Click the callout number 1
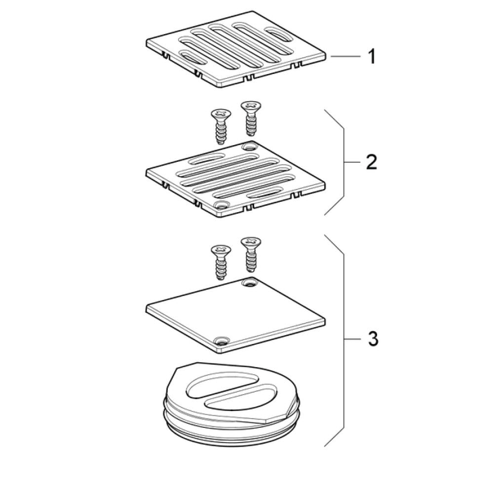coord(372,57)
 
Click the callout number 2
coord(371,162)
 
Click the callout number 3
coord(373,338)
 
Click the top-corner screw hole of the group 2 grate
coord(250,146)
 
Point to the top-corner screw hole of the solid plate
coord(250,283)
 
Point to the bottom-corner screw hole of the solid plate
coord(222,340)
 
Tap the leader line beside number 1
coord(346,56)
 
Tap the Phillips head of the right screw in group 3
coord(251,241)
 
